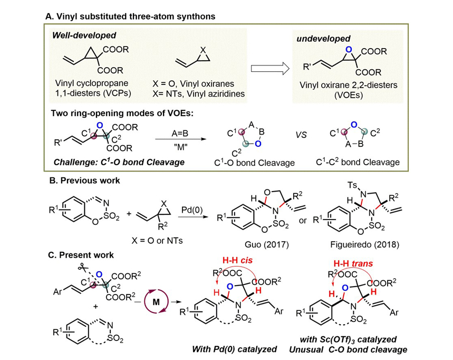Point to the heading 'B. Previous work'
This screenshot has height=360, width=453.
[85, 181]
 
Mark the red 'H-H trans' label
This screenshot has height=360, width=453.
[355, 262]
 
